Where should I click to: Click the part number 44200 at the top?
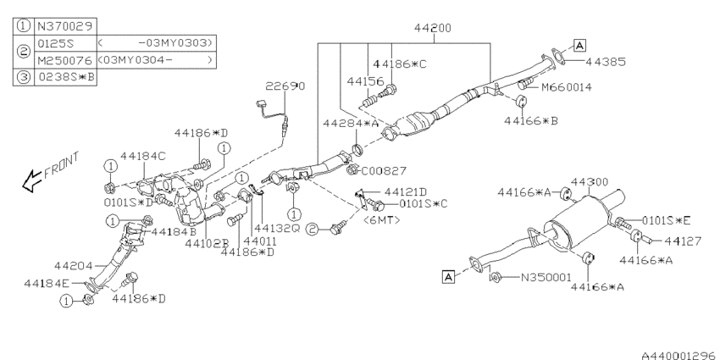click(x=433, y=28)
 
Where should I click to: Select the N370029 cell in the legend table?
click(x=64, y=25)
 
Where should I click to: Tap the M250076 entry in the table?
click(x=64, y=60)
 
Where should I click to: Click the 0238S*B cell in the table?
click(x=64, y=77)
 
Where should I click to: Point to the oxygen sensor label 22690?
click(x=285, y=86)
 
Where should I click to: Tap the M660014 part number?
click(x=567, y=86)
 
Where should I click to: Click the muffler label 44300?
click(x=590, y=182)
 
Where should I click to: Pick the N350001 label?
click(x=546, y=277)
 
